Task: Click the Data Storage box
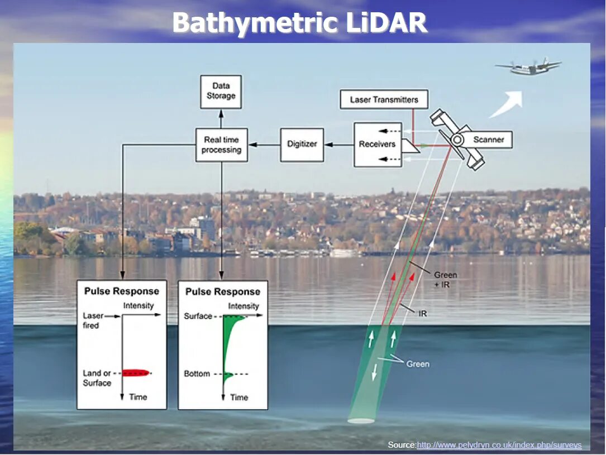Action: [221, 92]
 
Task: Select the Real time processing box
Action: [222, 145]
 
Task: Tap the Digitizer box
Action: [302, 144]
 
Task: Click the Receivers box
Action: [377, 144]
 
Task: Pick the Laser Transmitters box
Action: [384, 100]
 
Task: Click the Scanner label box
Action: [489, 140]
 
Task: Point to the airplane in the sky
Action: [528, 68]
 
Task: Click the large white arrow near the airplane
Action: [507, 104]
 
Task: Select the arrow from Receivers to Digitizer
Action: [338, 145]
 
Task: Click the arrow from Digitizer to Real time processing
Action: [264, 145]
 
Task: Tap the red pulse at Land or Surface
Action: [136, 372]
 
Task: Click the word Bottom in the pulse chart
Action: [197, 373]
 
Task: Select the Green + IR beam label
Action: [445, 279]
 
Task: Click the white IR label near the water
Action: [423, 314]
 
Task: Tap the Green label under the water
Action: [418, 364]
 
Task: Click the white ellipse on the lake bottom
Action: [361, 420]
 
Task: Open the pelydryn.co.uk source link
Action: [499, 445]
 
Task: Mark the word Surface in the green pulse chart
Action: [198, 316]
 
